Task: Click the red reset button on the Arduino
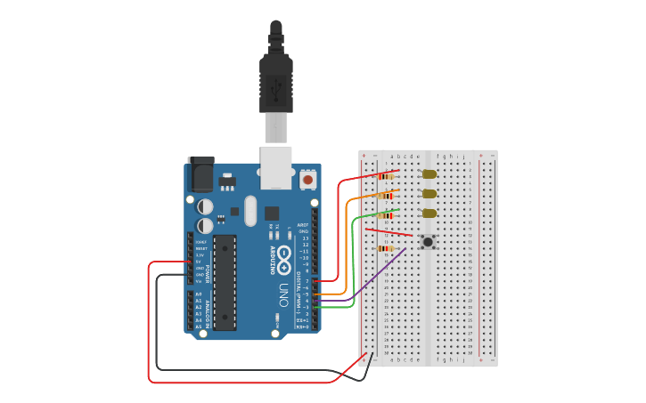pyautogui.click(x=308, y=180)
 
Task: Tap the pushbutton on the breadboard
pyautogui.click(x=428, y=242)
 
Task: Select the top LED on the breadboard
pyautogui.click(x=429, y=174)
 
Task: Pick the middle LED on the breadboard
pyautogui.click(x=429, y=193)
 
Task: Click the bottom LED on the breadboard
pyautogui.click(x=429, y=213)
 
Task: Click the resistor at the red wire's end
pyautogui.click(x=386, y=176)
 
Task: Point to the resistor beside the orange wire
pyautogui.click(x=386, y=195)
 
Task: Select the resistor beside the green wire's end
pyautogui.click(x=386, y=214)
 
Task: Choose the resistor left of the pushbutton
pyautogui.click(x=386, y=248)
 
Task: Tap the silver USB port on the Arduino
pyautogui.click(x=275, y=166)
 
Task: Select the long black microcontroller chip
pyautogui.click(x=225, y=281)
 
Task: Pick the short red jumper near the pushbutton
pyautogui.click(x=388, y=232)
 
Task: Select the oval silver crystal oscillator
pyautogui.click(x=249, y=211)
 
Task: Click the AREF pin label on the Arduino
pyautogui.click(x=304, y=226)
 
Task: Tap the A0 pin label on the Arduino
pyautogui.click(x=199, y=294)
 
